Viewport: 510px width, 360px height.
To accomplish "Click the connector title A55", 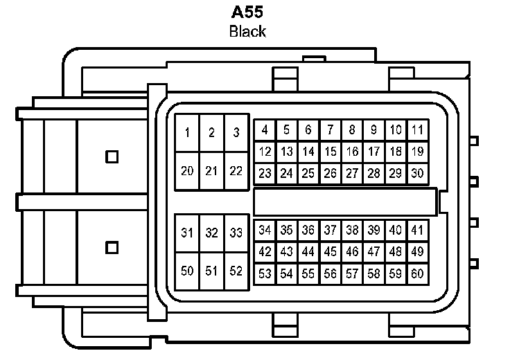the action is coord(247,13).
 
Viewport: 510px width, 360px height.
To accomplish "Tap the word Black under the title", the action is coord(247,31).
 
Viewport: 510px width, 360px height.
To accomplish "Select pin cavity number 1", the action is coord(188,133).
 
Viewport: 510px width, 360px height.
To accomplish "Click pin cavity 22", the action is coord(236,171).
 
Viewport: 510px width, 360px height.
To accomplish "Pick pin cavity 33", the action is coord(236,233).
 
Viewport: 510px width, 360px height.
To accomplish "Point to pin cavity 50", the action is coord(188,271).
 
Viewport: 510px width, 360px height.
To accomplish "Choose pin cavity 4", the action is coord(265,130).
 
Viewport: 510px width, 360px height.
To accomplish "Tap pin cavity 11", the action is coord(417,130).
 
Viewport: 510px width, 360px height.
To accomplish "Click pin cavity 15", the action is coord(331,152).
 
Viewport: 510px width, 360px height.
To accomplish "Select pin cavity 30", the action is coord(417,173).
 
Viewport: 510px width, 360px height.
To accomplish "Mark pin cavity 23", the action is coord(265,173).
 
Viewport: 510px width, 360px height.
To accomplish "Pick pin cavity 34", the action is coord(265,230).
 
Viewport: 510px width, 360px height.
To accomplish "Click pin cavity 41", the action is coord(417,230).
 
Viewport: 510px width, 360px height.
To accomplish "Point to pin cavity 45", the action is coord(331,251).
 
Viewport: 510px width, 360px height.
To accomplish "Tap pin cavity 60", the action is coord(417,273).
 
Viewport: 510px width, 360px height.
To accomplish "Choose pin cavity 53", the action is coord(265,273).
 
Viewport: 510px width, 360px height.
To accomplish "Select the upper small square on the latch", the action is coord(112,156).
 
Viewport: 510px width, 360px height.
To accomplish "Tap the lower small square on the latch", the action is coord(112,247).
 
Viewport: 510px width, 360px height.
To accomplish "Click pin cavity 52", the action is coord(236,271).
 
